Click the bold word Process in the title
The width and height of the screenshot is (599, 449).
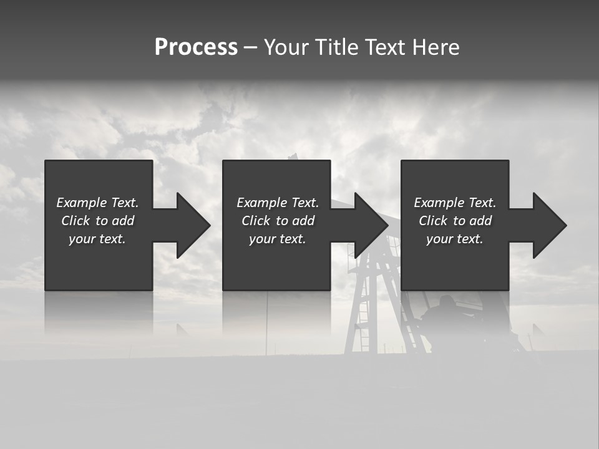click(x=196, y=47)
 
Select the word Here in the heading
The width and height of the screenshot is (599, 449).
click(x=436, y=47)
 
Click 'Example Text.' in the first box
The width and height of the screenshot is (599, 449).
click(x=97, y=203)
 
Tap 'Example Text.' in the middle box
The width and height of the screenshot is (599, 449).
click(x=278, y=203)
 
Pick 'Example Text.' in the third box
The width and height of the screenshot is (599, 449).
click(x=455, y=203)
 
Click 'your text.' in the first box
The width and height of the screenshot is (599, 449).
click(x=97, y=239)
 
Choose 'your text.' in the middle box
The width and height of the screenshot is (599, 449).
click(x=278, y=239)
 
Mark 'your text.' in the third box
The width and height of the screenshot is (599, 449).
click(x=455, y=239)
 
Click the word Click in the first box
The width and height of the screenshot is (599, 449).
click(x=75, y=221)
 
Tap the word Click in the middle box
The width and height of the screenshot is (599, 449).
click(x=256, y=221)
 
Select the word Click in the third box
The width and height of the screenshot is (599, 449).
click(x=433, y=221)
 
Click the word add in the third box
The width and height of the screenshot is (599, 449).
click(x=480, y=221)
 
